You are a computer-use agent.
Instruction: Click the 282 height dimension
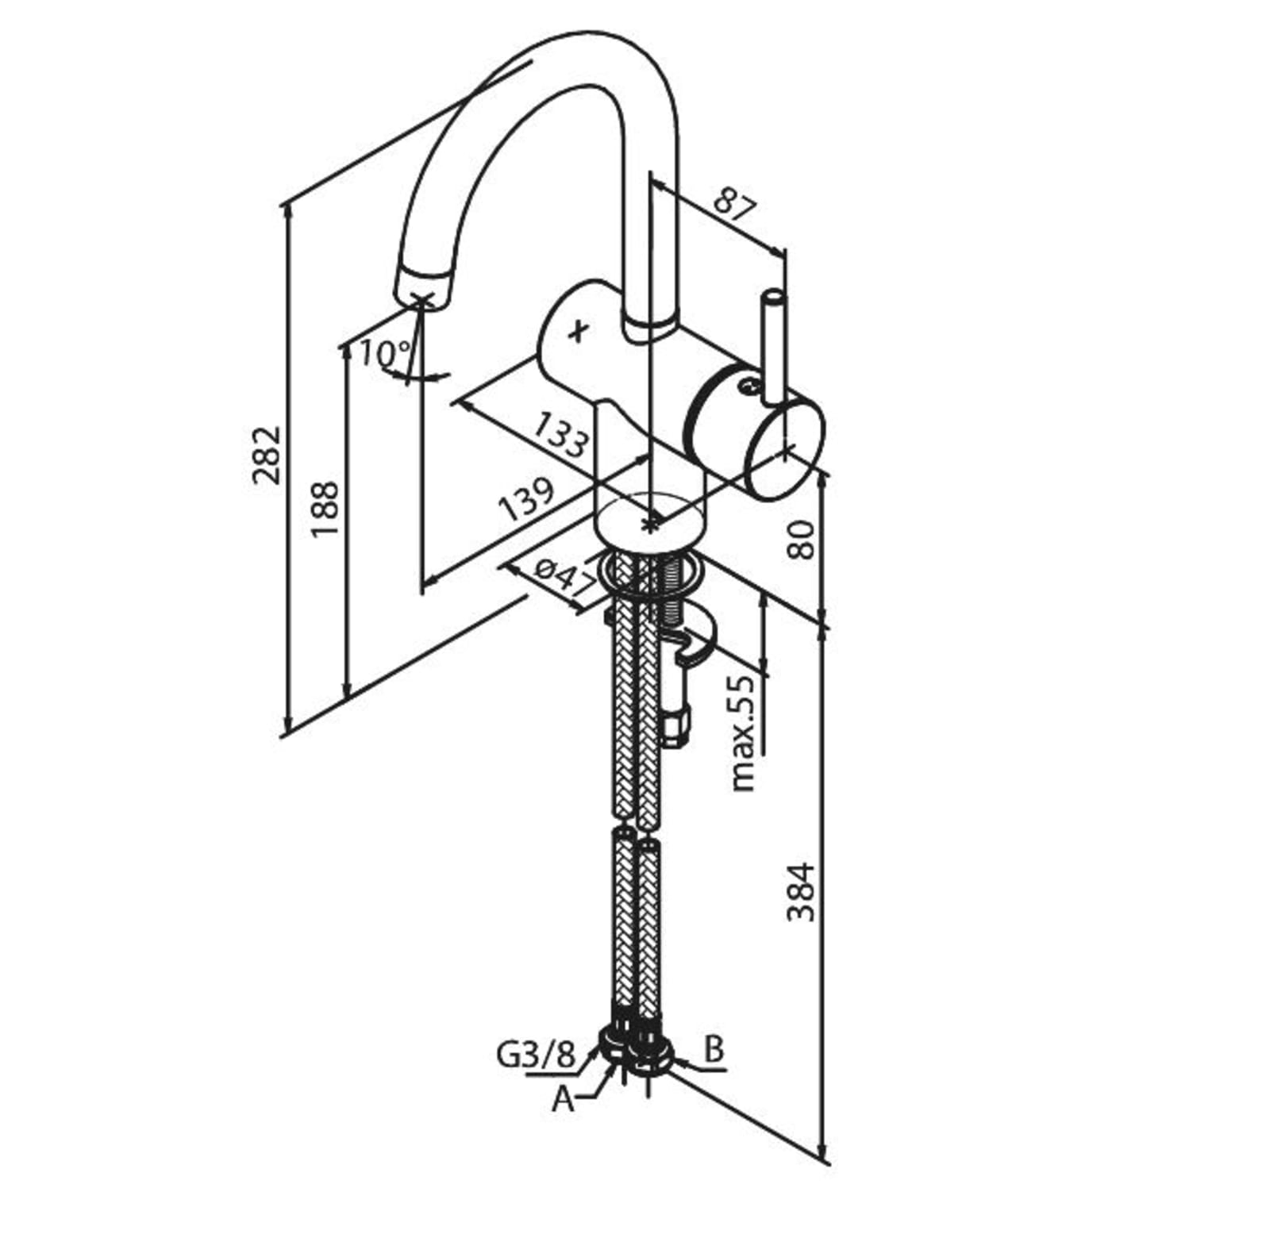click(267, 455)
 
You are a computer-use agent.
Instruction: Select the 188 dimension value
click(325, 509)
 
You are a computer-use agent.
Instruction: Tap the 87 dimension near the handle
click(734, 203)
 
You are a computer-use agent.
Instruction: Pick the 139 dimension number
click(525, 498)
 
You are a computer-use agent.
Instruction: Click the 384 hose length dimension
click(801, 891)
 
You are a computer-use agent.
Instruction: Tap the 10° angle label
click(385, 352)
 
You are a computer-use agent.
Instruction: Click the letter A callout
click(563, 1099)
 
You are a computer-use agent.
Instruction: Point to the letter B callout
click(714, 1050)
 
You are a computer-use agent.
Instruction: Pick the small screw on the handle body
click(747, 386)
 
